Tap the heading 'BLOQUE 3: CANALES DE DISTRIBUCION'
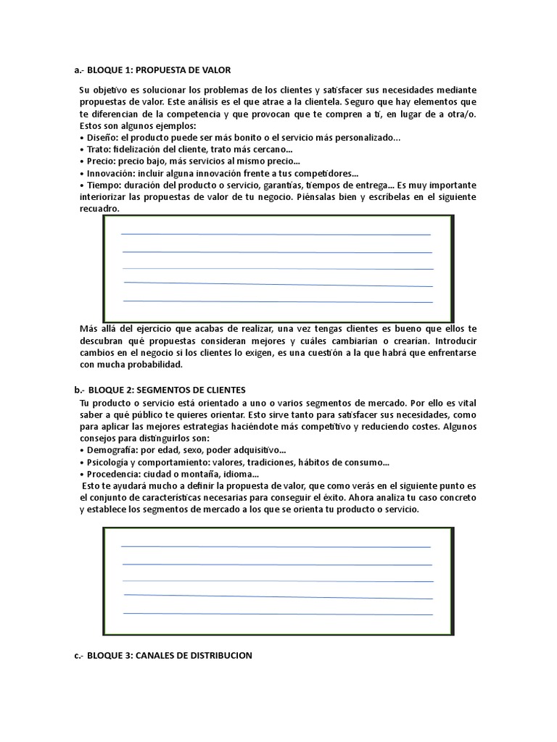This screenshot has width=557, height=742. coord(173,655)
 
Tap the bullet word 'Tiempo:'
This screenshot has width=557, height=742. coord(103,185)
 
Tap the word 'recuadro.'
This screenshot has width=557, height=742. coord(99,209)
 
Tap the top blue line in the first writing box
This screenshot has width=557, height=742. coord(276,235)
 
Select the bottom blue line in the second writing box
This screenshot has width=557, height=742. coord(278,614)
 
